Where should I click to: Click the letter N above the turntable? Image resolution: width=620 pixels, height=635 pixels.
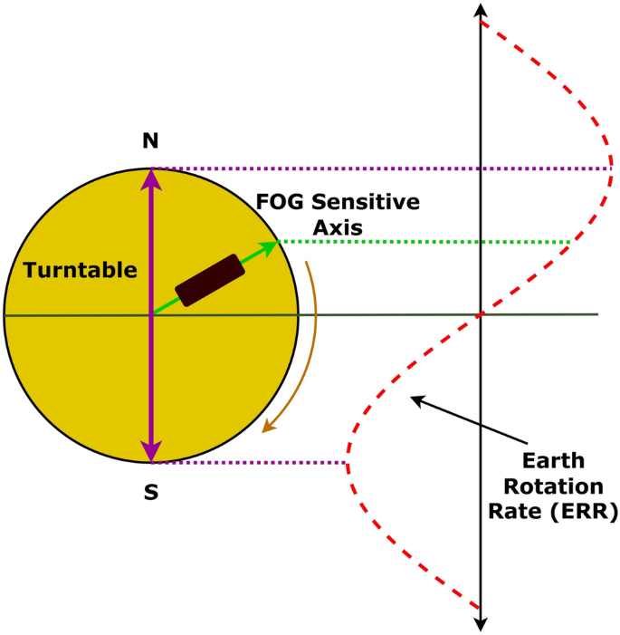click(x=150, y=140)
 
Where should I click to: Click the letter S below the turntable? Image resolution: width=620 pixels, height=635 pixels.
click(x=151, y=493)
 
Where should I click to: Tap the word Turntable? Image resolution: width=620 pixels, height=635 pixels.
click(x=80, y=270)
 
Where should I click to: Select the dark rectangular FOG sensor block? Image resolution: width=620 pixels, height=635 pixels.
click(x=210, y=280)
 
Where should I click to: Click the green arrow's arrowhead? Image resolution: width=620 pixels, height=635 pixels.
click(x=270, y=246)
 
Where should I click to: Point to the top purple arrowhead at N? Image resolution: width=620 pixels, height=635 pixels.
click(x=151, y=178)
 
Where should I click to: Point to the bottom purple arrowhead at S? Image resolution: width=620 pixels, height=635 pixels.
click(x=151, y=452)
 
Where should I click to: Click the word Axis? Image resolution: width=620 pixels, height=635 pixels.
click(x=338, y=228)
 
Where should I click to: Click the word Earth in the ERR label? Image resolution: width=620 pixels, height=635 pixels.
click(x=553, y=460)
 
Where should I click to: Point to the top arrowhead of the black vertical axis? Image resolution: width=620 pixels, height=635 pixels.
click(x=481, y=10)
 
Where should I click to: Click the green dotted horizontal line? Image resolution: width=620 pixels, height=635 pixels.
click(x=425, y=242)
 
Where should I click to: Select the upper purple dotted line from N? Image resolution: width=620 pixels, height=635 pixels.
click(x=380, y=168)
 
